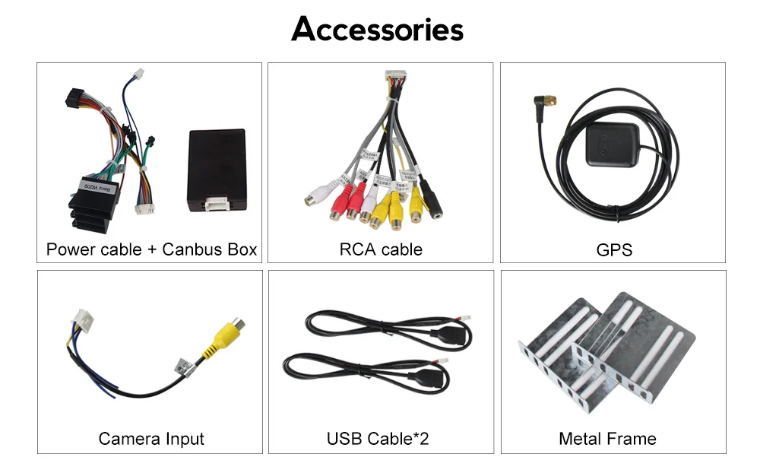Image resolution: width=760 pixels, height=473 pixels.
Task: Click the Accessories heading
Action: [378, 30]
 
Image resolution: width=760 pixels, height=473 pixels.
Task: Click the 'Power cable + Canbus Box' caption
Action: [151, 249]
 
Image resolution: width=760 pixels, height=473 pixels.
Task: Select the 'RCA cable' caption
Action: [381, 249]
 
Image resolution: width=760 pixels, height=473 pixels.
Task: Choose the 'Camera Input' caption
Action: [151, 439]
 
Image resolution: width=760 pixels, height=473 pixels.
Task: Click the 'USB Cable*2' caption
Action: [378, 439]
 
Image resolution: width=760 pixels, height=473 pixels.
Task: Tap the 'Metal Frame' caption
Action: [607, 439]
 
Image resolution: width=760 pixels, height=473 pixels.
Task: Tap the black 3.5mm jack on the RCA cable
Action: [434, 205]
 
